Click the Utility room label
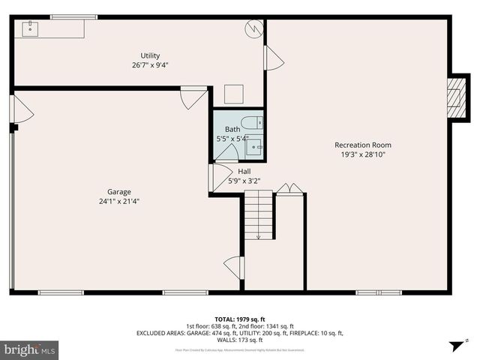[x=150, y=55]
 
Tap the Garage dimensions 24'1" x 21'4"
[x=118, y=201]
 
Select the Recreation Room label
[x=362, y=145]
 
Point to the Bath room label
[x=232, y=130]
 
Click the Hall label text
[x=244, y=171]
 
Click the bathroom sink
[x=254, y=146]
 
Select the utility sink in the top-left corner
[x=31, y=29]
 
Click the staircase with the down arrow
[x=259, y=215]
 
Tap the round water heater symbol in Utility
[x=255, y=28]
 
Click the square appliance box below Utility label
[x=234, y=94]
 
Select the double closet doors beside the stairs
[x=289, y=188]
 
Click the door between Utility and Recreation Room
[x=273, y=58]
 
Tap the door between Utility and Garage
[x=193, y=97]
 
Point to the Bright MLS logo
[x=30, y=349]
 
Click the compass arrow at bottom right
[x=454, y=346]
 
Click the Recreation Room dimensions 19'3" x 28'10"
[x=362, y=154]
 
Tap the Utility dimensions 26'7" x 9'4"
[x=150, y=65]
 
